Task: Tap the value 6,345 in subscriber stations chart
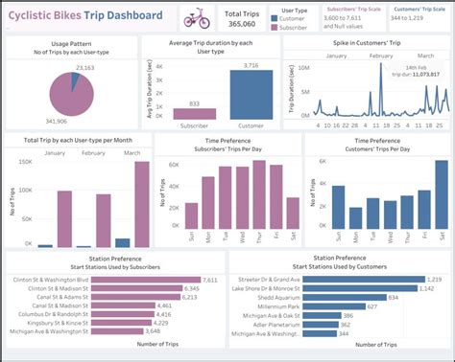[190, 288]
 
